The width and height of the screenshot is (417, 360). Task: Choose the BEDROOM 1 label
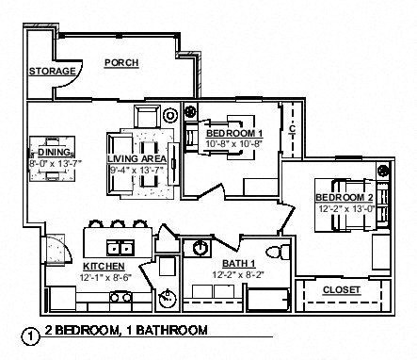[x=235, y=133]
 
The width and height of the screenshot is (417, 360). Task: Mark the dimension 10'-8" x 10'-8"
[x=235, y=143]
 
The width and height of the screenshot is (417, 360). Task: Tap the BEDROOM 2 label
[x=345, y=197]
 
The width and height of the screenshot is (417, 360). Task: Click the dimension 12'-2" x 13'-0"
[x=345, y=207]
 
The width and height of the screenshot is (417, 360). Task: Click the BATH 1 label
[x=237, y=263]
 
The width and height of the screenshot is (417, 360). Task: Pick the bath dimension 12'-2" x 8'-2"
[x=237, y=274]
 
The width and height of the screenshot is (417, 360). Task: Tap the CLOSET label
[x=340, y=290]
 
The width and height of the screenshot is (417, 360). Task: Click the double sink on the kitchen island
[x=120, y=249]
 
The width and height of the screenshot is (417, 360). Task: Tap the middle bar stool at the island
[x=117, y=226]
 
